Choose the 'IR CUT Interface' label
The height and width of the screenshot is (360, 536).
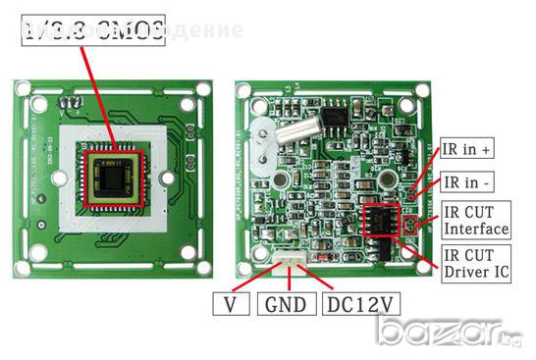(476, 220)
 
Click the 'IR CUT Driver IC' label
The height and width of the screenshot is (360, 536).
(476, 261)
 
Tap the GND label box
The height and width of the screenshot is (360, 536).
(286, 304)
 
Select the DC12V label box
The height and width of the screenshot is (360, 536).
(360, 304)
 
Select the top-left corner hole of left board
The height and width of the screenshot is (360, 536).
(24, 89)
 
